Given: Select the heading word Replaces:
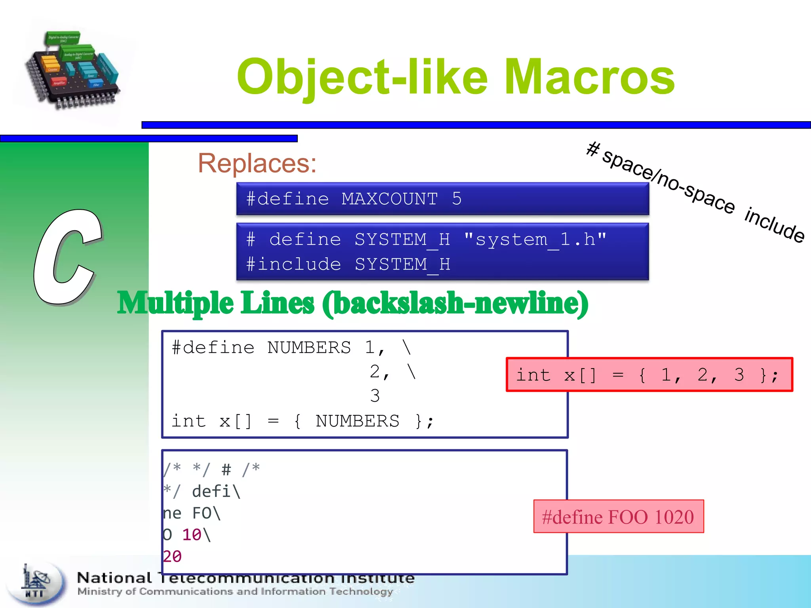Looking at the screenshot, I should click(257, 163).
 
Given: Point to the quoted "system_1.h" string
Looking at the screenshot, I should click(535, 239).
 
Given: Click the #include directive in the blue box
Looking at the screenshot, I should click(293, 264).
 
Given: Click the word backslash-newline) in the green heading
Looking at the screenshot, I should click(455, 303).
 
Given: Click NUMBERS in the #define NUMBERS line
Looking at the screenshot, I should click(309, 348).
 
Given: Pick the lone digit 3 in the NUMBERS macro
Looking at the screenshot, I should click(375, 396).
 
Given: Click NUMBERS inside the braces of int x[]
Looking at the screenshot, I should click(357, 421).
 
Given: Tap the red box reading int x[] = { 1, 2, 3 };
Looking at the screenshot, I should click(649, 374).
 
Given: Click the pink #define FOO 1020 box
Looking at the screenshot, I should click(618, 517).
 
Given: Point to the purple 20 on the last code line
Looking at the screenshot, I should click(172, 557).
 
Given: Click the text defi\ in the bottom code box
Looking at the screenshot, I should click(216, 492).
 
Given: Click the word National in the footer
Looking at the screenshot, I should click(114, 578).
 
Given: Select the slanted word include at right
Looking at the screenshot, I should click(775, 225).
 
